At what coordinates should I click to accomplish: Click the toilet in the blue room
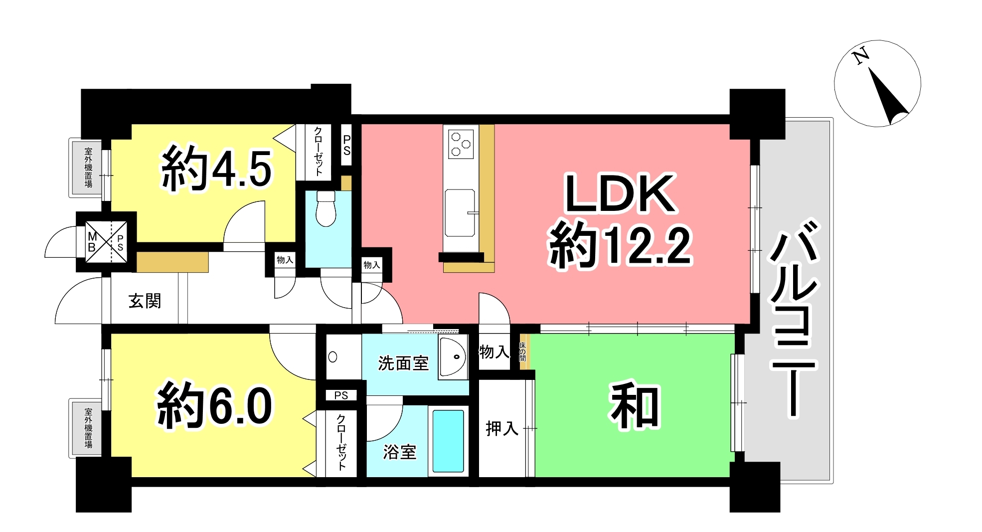(x=326, y=208)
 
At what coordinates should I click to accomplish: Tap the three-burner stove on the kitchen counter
(x=461, y=144)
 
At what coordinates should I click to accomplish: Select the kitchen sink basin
(x=460, y=212)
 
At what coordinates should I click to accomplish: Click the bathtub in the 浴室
(x=448, y=441)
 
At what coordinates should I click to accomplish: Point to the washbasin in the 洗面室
(x=453, y=357)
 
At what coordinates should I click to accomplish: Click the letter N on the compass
(x=861, y=56)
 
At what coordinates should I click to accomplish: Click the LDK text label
(x=620, y=193)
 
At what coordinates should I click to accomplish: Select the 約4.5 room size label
(x=216, y=169)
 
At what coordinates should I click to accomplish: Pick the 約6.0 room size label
(x=215, y=405)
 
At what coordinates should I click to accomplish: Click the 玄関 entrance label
(x=145, y=301)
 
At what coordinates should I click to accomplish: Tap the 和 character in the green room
(x=635, y=405)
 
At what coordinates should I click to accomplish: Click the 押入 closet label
(x=502, y=428)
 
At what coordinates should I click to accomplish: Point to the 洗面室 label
(x=403, y=363)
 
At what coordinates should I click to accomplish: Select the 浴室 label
(x=400, y=452)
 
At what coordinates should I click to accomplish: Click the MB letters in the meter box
(x=92, y=242)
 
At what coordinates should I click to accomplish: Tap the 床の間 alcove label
(x=522, y=352)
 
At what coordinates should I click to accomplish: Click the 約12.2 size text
(x=621, y=245)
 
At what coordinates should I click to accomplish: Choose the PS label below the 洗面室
(x=341, y=395)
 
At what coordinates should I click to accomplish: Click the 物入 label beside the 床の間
(x=494, y=352)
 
